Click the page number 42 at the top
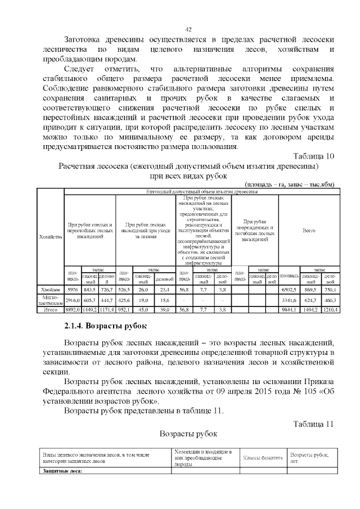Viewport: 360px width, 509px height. point(189,30)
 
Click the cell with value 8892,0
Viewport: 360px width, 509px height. point(73,309)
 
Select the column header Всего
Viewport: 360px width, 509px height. point(309,230)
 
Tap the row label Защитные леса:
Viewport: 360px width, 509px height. point(62,471)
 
